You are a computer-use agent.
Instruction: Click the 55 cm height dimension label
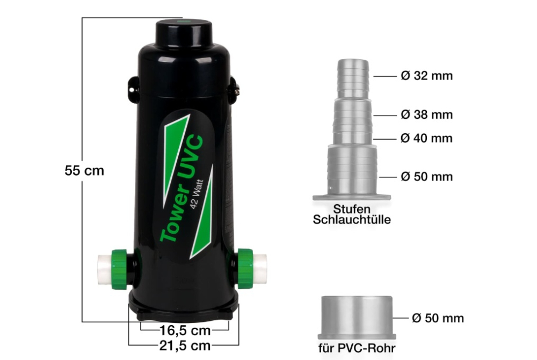[84, 171]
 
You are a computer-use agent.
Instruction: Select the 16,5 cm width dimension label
[185, 329]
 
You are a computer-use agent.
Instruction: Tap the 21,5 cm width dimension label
[185, 345]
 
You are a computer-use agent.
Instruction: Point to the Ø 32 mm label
[426, 76]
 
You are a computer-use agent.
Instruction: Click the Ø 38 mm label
[426, 114]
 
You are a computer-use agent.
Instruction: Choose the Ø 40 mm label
[426, 138]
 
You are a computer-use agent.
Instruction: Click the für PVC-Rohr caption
[357, 348]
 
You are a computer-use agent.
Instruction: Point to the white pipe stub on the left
[103, 269]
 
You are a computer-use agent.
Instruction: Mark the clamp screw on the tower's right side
[234, 88]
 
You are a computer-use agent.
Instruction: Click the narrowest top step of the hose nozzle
[353, 78]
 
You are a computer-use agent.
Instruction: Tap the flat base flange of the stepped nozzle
[352, 197]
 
